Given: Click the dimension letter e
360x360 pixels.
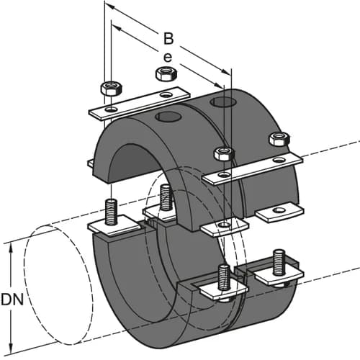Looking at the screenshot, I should (168, 56).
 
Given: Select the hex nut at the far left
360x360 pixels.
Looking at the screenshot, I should (112, 88).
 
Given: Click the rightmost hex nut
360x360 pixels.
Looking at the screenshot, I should (278, 138).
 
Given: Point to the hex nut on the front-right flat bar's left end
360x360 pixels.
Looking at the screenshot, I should (223, 153).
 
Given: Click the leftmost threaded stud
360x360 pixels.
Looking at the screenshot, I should (112, 210).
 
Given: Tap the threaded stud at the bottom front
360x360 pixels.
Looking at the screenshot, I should (224, 276).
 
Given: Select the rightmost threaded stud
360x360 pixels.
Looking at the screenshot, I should (279, 260).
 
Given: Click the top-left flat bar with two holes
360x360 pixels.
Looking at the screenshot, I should (138, 102).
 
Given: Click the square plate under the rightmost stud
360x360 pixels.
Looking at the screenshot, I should (276, 274).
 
